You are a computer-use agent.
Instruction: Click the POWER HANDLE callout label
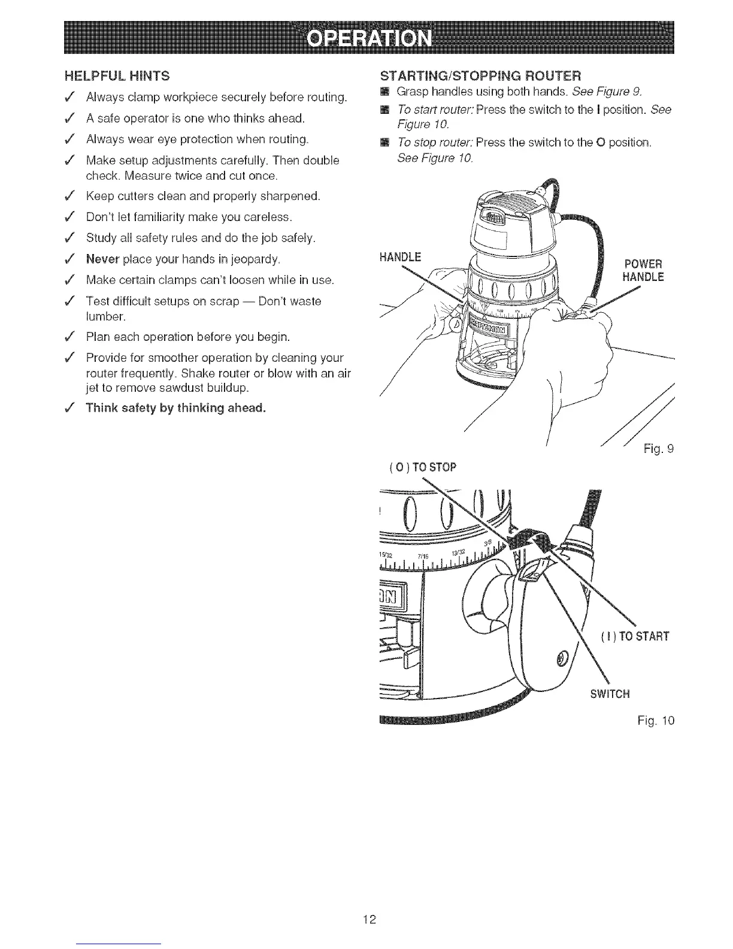643,271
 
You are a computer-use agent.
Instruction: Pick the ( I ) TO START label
634,636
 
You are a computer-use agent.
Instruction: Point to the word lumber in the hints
103,316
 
